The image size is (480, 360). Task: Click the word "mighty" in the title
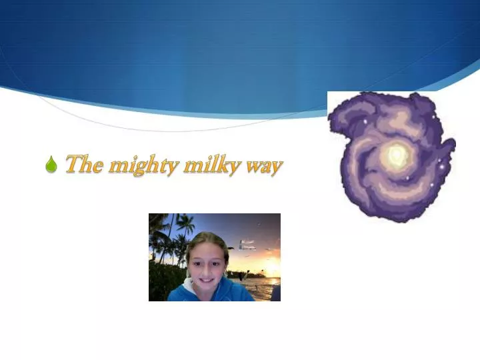[x=143, y=165]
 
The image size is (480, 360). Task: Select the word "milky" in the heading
[x=213, y=165]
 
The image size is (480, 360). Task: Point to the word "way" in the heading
[x=265, y=167]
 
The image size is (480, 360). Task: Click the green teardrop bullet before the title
[x=51, y=165]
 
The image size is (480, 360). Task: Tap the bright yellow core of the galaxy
[x=397, y=155]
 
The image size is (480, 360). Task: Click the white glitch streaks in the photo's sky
[x=247, y=245]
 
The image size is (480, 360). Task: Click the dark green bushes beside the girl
[x=160, y=280]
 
